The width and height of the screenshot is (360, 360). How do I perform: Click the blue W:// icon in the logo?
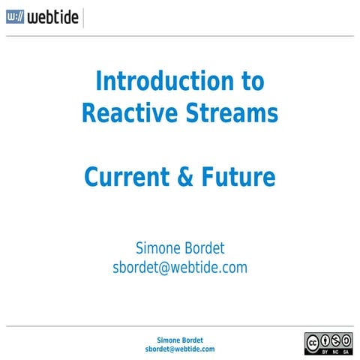pos(15,18)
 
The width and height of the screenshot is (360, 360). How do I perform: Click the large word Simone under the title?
pos(157,247)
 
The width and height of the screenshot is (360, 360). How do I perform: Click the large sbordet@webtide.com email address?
pos(179,267)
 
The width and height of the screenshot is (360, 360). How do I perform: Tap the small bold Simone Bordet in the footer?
pos(179,340)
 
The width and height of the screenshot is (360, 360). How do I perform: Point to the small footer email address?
pos(179,349)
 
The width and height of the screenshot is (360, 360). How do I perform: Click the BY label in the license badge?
pos(325,350)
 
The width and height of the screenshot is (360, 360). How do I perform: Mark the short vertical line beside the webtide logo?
pos(83,18)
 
